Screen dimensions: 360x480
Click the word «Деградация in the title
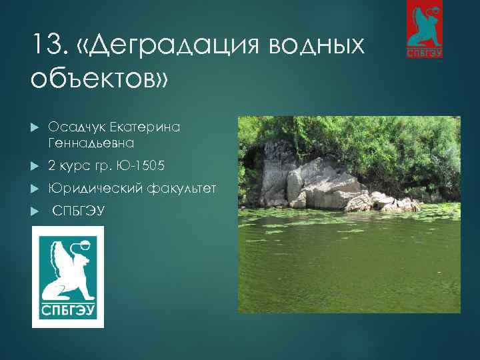171,46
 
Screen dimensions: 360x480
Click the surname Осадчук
81,126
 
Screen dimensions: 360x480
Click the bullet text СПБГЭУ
78,211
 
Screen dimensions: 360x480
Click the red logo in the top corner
424,30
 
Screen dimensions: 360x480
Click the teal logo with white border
68,277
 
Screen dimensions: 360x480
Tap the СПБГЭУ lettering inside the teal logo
68,312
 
